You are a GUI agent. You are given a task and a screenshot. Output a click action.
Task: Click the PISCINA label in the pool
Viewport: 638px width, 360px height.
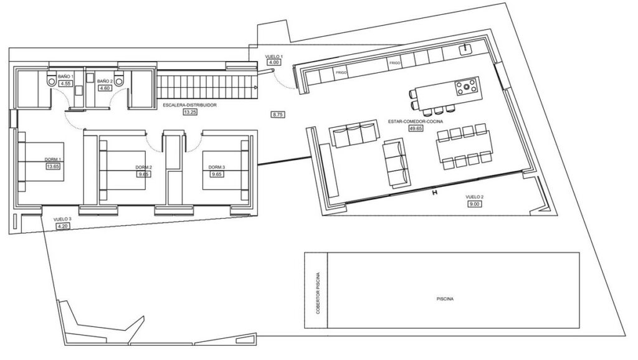point(445,298)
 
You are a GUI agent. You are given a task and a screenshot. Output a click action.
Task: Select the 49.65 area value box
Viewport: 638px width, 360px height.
point(416,128)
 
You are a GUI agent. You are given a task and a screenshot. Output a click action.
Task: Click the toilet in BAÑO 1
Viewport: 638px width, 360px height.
point(52,79)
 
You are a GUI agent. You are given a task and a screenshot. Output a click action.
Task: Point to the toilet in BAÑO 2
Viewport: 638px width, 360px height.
point(119,79)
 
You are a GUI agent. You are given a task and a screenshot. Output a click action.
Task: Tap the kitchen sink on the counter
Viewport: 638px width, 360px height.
point(465,50)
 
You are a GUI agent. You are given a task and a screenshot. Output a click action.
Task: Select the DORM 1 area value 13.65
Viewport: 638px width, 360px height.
point(54,166)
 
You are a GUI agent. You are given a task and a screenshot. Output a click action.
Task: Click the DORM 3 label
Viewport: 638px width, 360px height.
point(216,168)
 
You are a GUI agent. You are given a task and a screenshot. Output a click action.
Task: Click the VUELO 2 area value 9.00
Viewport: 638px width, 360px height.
point(474,204)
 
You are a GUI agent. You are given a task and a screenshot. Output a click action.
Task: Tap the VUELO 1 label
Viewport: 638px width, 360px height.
point(274,57)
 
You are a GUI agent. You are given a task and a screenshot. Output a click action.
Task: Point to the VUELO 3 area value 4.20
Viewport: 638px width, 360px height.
point(63,226)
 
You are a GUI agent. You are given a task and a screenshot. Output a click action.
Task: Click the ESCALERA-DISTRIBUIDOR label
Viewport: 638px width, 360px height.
point(189,105)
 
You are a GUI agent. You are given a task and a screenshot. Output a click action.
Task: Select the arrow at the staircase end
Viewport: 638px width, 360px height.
point(255,87)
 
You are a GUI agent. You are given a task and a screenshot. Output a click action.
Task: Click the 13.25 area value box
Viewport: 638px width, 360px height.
point(190,112)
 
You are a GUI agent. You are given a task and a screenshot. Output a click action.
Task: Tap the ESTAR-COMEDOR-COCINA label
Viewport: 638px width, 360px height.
point(416,121)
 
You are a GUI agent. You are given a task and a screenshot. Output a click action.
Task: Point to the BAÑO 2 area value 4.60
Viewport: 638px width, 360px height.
point(104,88)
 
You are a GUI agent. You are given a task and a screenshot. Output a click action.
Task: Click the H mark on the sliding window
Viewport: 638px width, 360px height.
point(434,192)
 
